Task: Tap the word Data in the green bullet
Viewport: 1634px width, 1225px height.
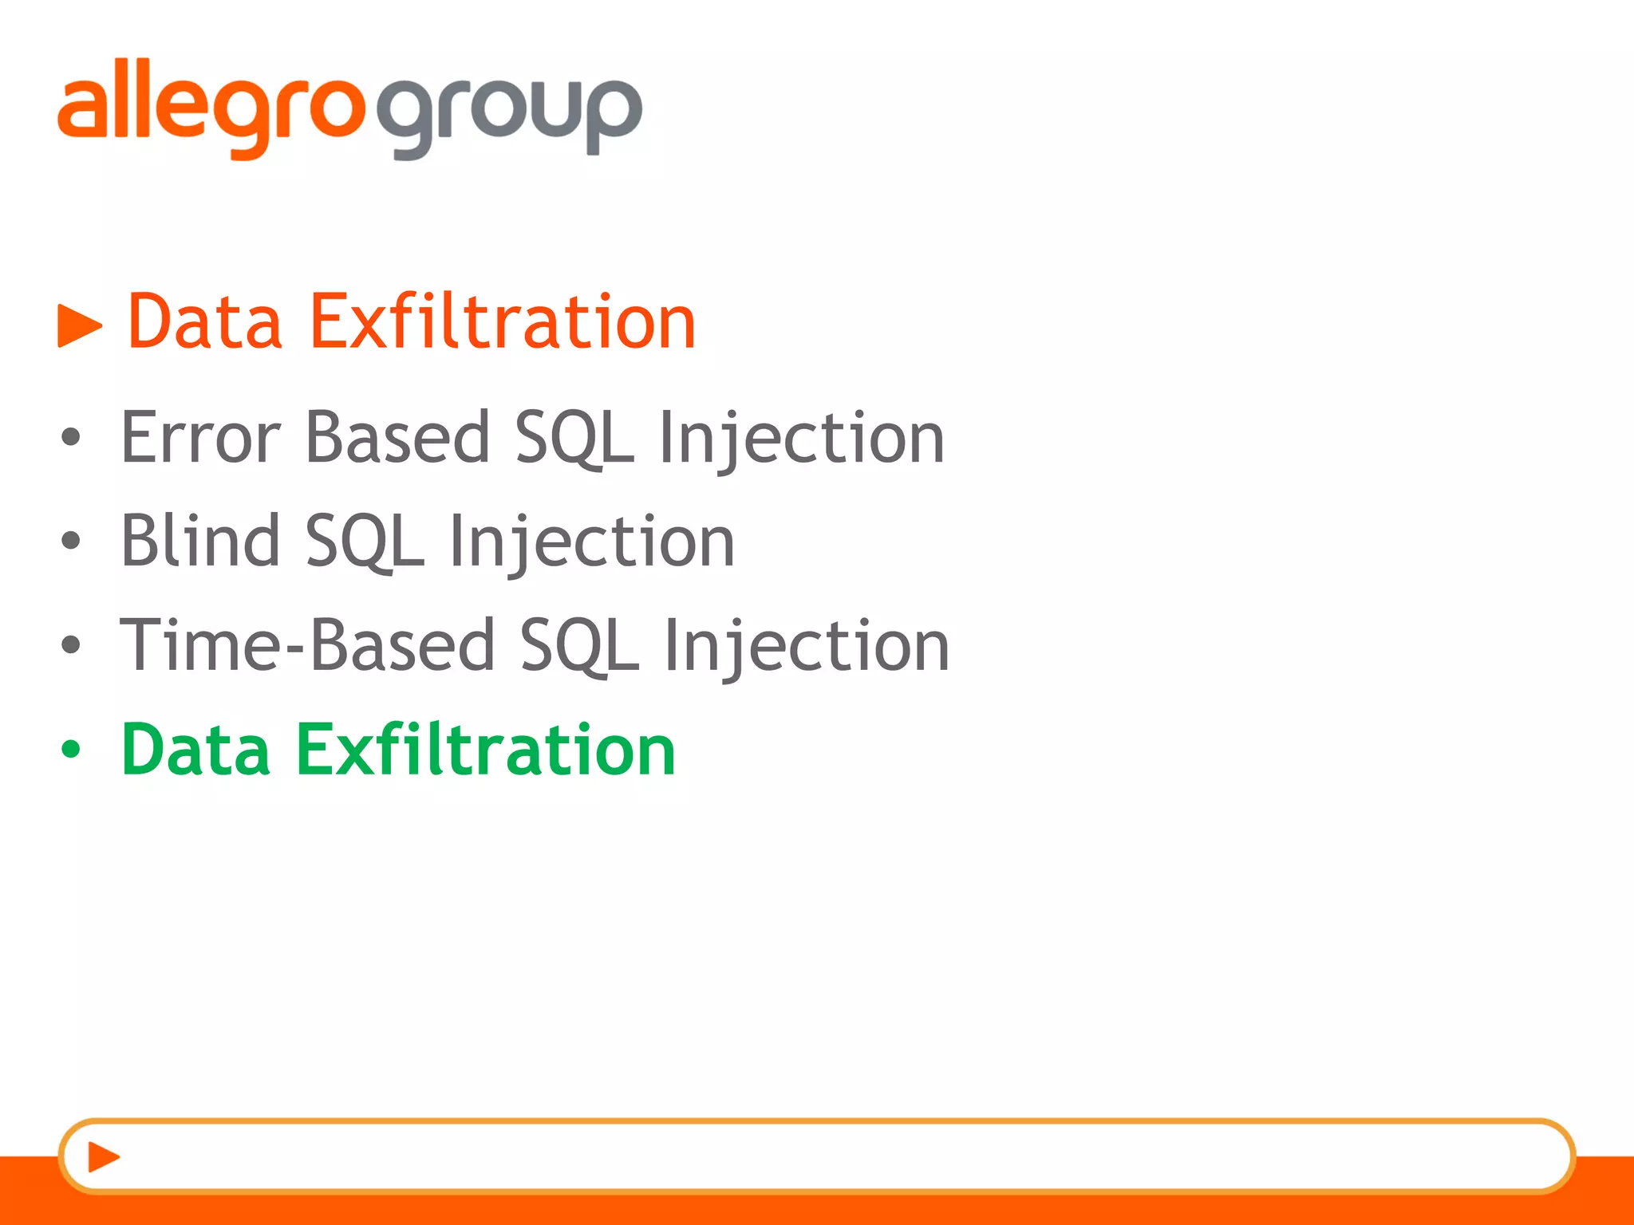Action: click(x=195, y=749)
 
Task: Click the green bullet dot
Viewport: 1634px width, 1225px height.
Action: click(x=71, y=749)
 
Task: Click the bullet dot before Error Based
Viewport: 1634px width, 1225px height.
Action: click(x=71, y=437)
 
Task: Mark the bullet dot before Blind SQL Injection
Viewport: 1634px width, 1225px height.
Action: click(x=71, y=541)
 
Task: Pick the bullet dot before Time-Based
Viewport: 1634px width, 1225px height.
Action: click(x=71, y=644)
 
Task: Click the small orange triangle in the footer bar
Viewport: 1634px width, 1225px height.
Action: click(x=103, y=1156)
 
